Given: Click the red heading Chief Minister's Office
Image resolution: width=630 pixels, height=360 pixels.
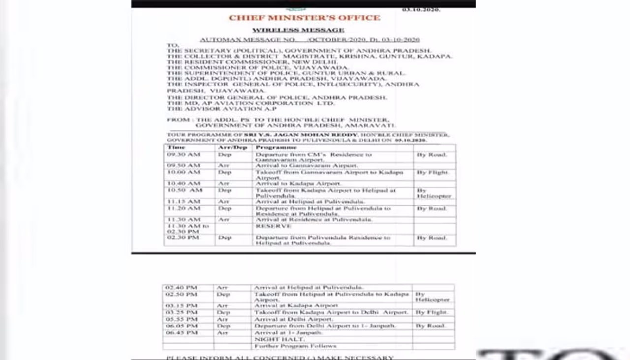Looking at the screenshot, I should [x=304, y=18].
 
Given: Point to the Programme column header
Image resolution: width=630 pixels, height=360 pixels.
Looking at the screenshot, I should [x=276, y=147].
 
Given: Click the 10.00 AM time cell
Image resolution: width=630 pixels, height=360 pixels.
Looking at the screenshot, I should [x=184, y=172].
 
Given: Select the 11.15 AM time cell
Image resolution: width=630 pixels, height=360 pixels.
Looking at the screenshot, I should [x=184, y=201].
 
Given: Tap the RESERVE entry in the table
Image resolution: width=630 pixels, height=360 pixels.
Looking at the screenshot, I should [x=273, y=226].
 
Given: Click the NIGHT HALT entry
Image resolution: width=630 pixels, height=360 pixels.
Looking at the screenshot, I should [x=273, y=339].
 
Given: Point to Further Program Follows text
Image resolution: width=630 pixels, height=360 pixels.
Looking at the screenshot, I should [x=295, y=346].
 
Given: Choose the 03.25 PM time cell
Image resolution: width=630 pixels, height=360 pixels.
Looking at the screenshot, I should [x=181, y=312].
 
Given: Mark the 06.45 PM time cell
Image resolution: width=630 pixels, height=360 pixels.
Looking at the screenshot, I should [x=181, y=333].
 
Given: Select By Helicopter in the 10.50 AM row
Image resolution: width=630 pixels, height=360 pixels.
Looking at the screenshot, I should [x=434, y=193].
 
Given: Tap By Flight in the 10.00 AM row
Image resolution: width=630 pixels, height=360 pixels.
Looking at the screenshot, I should [x=432, y=172].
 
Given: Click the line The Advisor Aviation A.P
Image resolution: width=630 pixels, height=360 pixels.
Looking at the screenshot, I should [x=221, y=109].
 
